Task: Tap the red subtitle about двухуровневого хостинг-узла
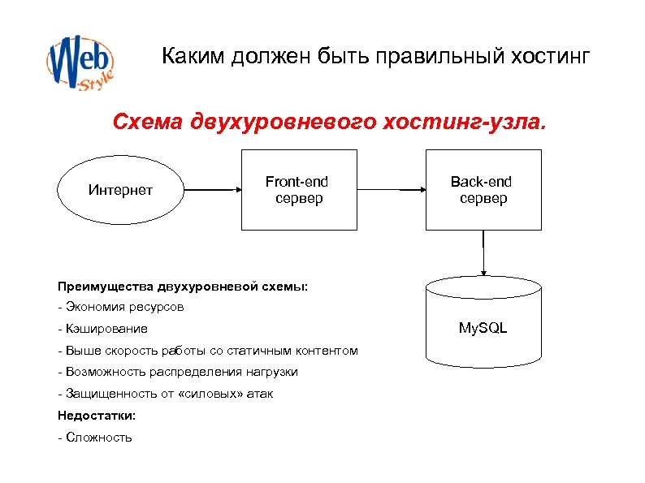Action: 330,123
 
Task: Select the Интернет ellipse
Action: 120,191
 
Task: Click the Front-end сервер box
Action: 298,190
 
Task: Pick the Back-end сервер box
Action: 483,190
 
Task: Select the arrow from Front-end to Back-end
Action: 391,191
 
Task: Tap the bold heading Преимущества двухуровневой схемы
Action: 183,286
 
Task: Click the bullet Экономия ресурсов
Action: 121,307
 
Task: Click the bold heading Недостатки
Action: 97,415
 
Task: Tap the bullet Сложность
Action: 95,437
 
